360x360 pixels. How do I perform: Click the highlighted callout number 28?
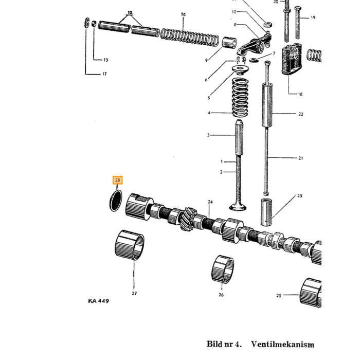click(117, 180)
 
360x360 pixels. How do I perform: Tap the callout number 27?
click(134, 293)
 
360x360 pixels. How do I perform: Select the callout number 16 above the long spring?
click(183, 14)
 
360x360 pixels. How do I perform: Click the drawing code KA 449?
click(99, 301)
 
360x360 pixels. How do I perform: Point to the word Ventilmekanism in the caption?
click(282, 344)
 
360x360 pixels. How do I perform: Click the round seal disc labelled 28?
click(115, 201)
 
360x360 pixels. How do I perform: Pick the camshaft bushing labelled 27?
click(130, 245)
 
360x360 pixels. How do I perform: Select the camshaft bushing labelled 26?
click(223, 269)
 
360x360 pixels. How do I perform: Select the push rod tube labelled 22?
click(267, 105)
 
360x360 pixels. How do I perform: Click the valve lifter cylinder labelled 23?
click(266, 212)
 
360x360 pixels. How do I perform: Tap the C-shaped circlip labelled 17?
click(87, 23)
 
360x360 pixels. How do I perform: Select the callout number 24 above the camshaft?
click(210, 202)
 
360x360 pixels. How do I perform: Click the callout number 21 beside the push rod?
click(300, 158)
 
